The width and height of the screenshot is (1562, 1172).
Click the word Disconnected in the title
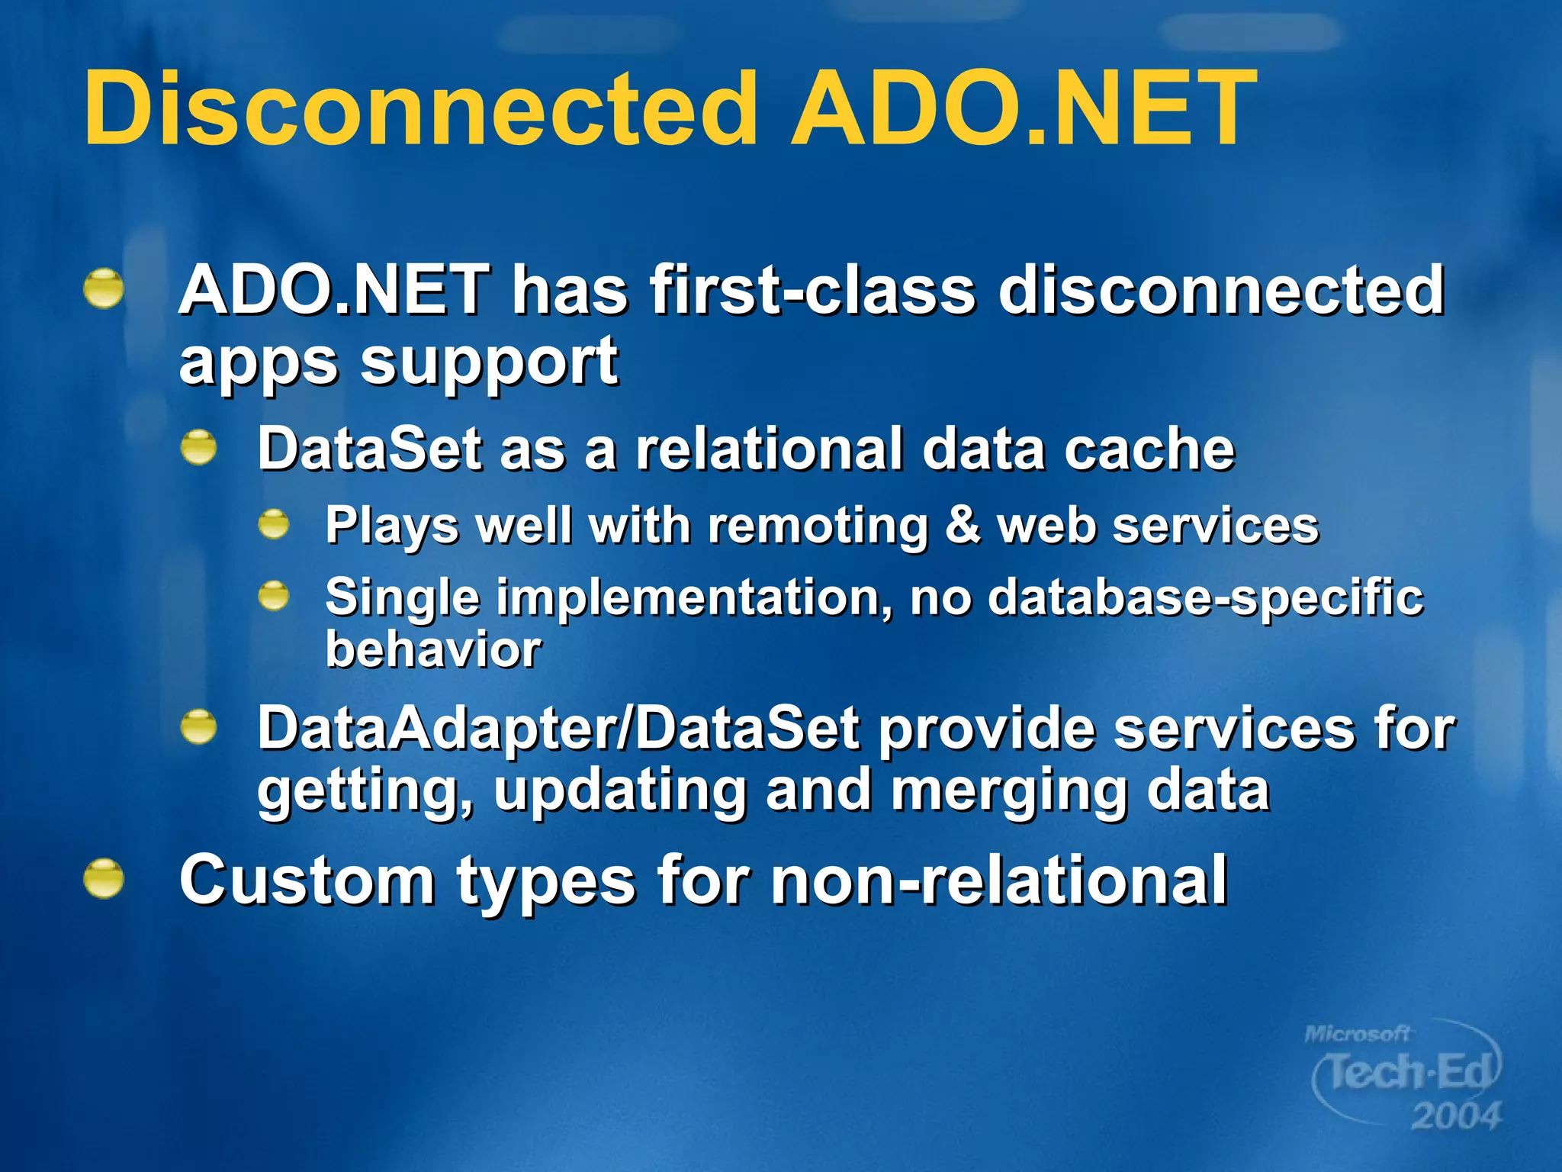419,108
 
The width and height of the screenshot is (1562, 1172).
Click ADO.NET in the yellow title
1022,108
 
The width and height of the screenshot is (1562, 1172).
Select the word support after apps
488,362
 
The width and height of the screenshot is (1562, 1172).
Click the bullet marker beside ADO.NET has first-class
104,289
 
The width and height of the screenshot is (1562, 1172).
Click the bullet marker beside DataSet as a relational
199,447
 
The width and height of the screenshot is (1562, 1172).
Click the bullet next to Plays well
273,525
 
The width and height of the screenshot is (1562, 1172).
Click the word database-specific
1205,597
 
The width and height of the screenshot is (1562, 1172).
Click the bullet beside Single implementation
273,596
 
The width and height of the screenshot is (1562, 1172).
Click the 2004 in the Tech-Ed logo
1455,1116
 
